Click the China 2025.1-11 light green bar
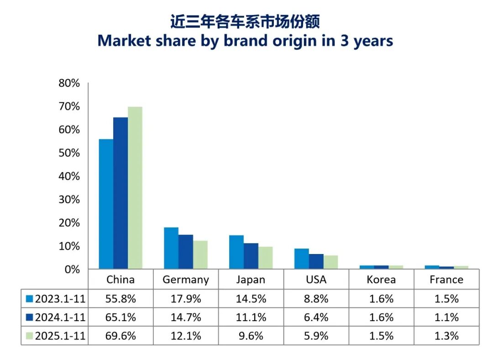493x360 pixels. [135, 187]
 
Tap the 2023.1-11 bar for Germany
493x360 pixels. [171, 248]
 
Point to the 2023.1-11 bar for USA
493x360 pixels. [301, 259]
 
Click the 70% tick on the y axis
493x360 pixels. [69, 106]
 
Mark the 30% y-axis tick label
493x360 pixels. [69, 200]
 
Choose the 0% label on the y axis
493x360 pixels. [72, 270]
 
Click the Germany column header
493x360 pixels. [186, 280]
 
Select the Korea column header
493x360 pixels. [381, 280]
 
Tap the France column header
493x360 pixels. [446, 280]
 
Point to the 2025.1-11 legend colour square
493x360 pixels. [30, 336]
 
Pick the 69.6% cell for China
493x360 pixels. [121, 336]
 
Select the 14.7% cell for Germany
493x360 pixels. [186, 317]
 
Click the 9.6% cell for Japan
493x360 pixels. [251, 336]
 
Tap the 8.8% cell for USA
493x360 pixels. [316, 299]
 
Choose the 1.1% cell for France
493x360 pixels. [446, 317]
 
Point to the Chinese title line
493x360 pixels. [245, 22]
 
